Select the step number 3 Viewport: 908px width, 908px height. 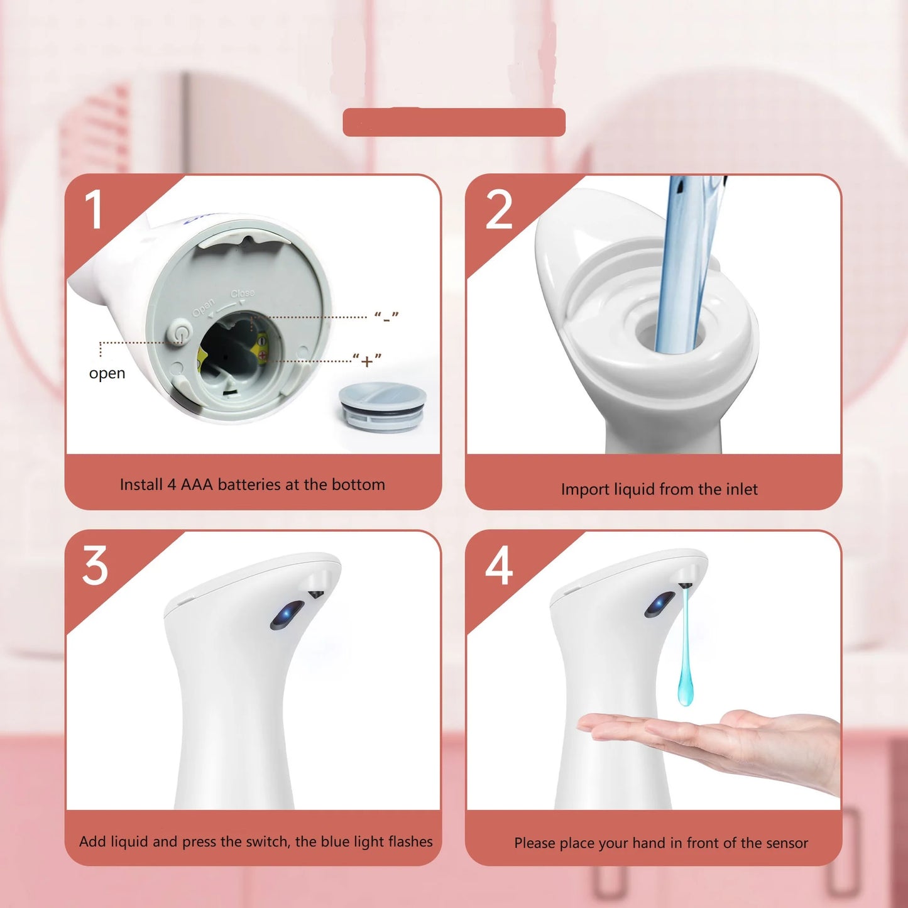95,566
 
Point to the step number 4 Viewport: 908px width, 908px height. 499,566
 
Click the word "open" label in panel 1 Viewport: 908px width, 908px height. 107,373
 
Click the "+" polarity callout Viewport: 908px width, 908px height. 367,361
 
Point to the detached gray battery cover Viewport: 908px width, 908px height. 382,406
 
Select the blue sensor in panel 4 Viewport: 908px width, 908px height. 659,604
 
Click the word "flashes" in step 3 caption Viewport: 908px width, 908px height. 410,841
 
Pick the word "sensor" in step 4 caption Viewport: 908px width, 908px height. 786,843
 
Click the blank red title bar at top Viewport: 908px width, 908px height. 454,122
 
